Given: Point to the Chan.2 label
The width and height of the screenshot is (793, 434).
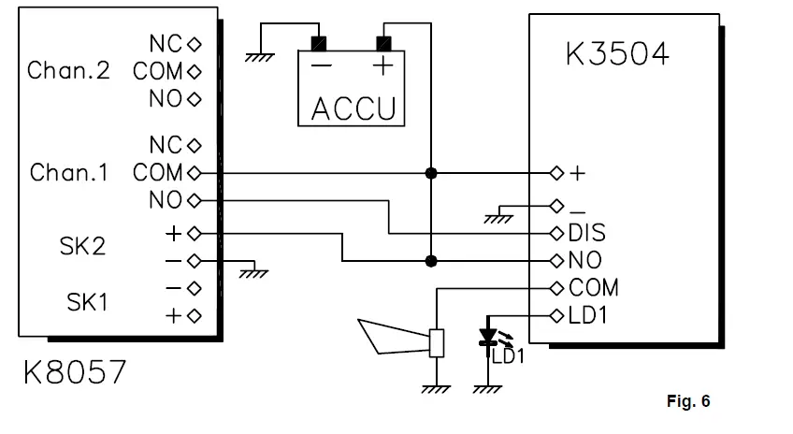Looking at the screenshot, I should [x=69, y=71].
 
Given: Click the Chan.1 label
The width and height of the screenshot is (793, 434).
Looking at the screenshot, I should [x=69, y=173].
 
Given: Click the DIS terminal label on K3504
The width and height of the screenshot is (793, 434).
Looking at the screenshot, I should [x=586, y=232].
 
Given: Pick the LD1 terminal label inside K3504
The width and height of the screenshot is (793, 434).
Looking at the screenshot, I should [x=588, y=315].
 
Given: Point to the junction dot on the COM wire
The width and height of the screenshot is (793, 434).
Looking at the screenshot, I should [x=431, y=173].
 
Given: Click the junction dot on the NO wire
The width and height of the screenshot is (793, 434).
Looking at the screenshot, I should [x=431, y=260].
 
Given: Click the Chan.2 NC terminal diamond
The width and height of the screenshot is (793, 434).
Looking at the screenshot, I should [x=195, y=43].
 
